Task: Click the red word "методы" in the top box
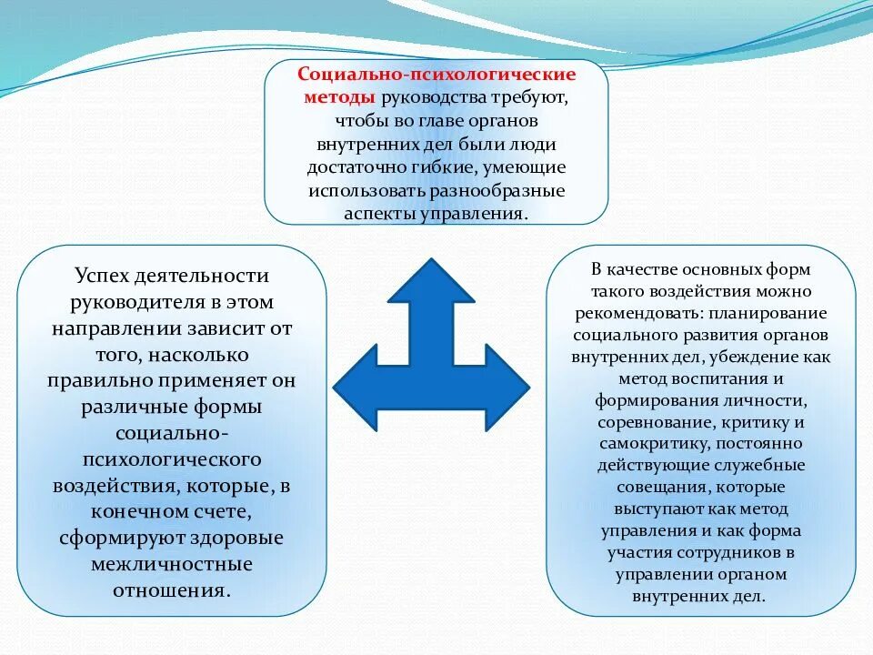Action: [337, 97]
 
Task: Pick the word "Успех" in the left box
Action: [105, 276]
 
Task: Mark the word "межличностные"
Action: [171, 564]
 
